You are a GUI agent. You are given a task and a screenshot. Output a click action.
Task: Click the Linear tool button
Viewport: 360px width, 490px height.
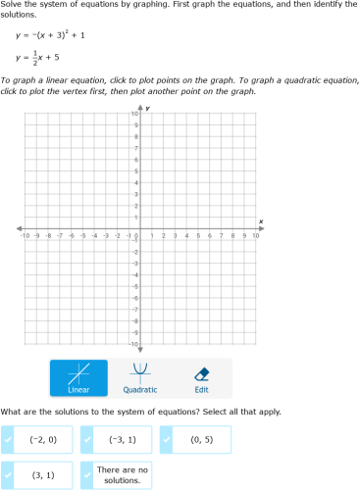[78, 377]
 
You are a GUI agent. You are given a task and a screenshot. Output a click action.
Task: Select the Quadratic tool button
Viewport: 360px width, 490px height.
[140, 377]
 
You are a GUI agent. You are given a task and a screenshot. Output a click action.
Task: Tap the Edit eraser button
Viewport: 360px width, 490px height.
[202, 377]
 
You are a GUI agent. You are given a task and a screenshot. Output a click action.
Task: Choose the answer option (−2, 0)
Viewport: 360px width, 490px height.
[44, 440]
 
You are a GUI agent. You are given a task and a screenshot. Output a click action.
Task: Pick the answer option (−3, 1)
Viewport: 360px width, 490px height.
[123, 440]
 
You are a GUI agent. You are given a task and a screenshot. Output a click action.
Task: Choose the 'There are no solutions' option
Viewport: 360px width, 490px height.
[123, 475]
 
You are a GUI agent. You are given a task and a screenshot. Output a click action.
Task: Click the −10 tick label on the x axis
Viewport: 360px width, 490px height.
[25, 236]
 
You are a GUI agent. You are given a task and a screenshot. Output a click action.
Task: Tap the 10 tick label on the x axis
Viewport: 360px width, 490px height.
[255, 236]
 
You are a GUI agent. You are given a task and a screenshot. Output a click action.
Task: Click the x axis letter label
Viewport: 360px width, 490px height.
[261, 221]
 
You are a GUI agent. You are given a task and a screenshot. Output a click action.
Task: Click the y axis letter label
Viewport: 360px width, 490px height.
[147, 108]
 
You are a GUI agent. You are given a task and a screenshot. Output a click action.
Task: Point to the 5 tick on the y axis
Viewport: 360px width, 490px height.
[134, 172]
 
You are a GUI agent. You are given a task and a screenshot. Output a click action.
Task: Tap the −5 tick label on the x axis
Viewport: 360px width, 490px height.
[82, 236]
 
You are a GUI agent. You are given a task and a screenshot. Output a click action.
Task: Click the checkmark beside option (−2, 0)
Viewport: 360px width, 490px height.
[9, 440]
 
